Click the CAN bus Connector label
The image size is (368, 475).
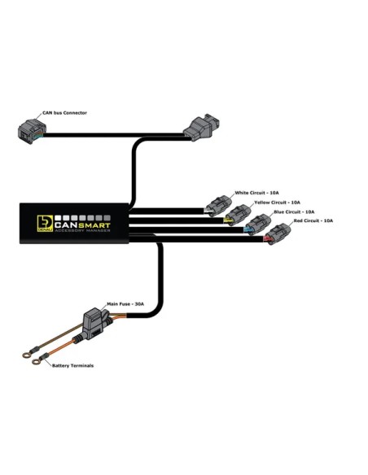64,113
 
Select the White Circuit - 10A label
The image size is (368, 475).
256,193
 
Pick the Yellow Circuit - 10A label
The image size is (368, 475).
278,203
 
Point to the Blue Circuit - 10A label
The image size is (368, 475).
294,211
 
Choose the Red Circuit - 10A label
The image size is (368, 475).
313,220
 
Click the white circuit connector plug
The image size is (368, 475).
218,206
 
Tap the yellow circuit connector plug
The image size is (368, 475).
238,215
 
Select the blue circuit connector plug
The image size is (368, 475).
257,224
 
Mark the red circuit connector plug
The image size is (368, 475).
277,234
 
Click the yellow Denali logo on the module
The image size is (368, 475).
45,224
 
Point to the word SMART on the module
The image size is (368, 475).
95,225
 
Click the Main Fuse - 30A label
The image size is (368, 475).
125,304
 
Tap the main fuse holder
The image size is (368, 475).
95,325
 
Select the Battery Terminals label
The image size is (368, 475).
72,366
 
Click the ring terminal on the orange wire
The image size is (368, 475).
37,361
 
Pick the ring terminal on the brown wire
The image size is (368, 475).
28,355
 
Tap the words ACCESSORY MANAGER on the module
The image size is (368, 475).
82,231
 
